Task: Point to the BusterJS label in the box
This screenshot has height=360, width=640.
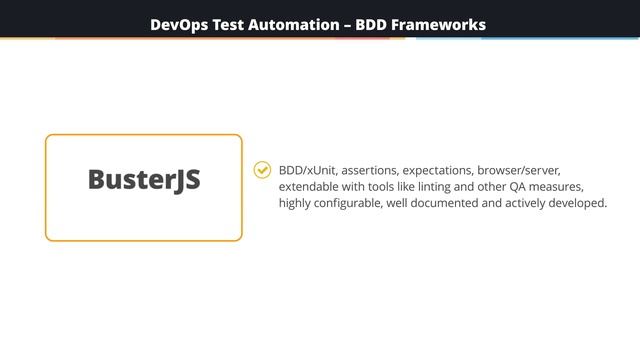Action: pyautogui.click(x=144, y=180)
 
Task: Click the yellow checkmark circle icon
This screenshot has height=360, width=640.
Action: pyautogui.click(x=262, y=170)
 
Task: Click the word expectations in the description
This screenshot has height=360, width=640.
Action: pyautogui.click(x=438, y=170)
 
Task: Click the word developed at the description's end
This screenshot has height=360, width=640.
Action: pyautogui.click(x=580, y=203)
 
